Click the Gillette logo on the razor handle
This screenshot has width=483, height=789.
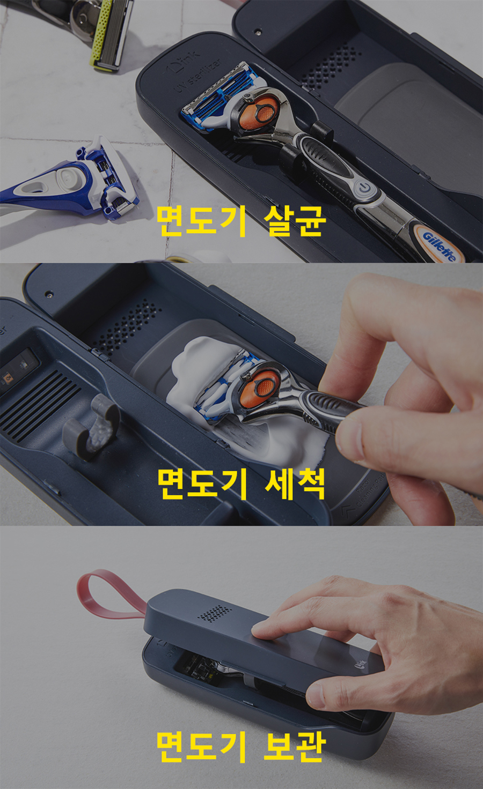coord(439,247)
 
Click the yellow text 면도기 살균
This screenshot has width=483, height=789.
coord(240,220)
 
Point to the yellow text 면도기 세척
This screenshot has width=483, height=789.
coord(240,483)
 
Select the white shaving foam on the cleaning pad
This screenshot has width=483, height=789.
coord(243,398)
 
